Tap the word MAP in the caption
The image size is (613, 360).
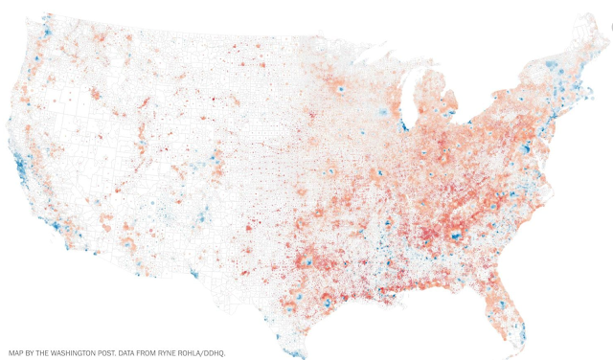coord(16,352)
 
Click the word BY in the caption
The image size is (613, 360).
coord(34,352)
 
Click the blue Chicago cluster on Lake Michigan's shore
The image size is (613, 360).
coord(404,124)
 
